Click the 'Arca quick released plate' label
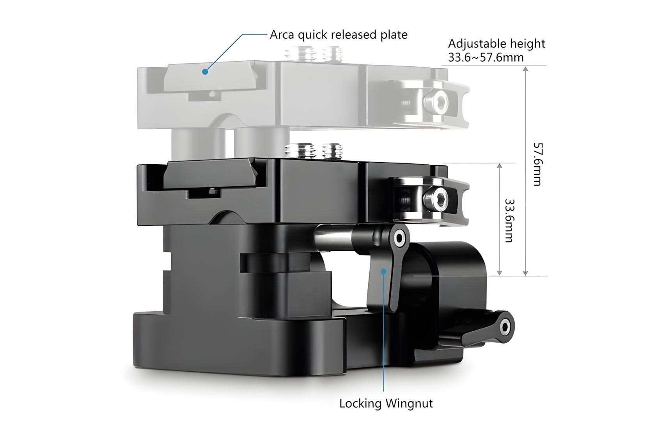pyautogui.click(x=339, y=35)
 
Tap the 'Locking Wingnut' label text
pyautogui.click(x=386, y=404)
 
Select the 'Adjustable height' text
pyautogui.click(x=496, y=44)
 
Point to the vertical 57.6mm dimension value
pyautogui.click(x=537, y=164)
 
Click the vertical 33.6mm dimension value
pyautogui.click(x=509, y=221)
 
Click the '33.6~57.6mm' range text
pyautogui.click(x=486, y=57)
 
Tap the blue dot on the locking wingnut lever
pyautogui.click(x=384, y=271)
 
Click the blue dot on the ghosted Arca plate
pyautogui.click(x=205, y=71)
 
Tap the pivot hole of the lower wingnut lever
pyautogui.click(x=505, y=327)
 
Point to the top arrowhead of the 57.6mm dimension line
pyautogui.click(x=525, y=69)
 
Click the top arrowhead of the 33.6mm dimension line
pyautogui.click(x=499, y=166)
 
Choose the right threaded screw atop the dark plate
pyautogui.click(x=332, y=151)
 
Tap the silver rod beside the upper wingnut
pyautogui.click(x=333, y=237)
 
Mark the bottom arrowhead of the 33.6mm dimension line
pyautogui.click(x=499, y=273)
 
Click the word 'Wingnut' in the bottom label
pyautogui.click(x=409, y=404)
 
